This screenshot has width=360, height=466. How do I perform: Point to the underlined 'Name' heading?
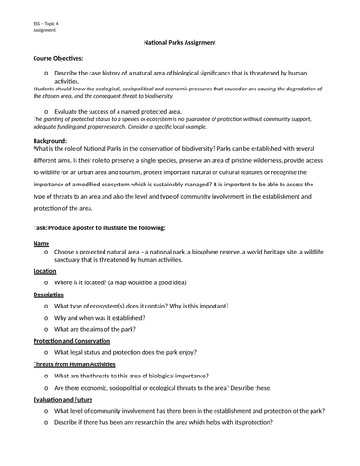pyautogui.click(x=41, y=242)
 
